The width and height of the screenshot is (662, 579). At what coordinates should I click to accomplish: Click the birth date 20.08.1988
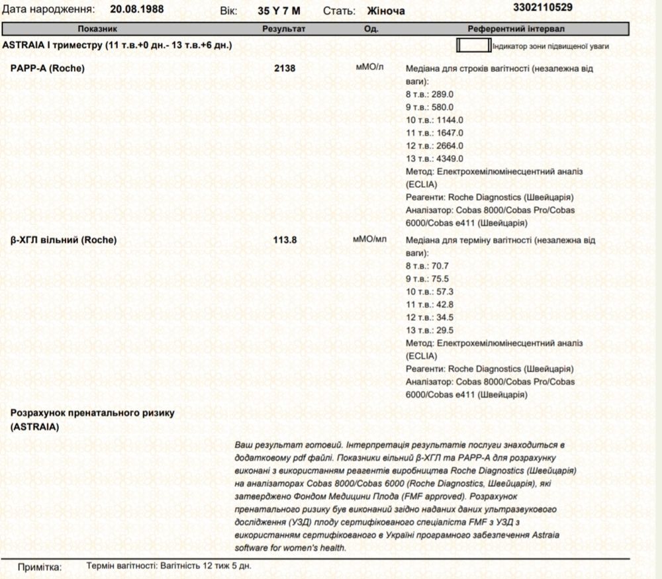(x=138, y=11)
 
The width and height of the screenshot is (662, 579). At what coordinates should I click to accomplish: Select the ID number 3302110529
(x=544, y=8)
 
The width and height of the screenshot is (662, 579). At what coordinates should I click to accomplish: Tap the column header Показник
(x=97, y=30)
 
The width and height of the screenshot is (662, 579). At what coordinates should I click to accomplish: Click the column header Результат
(x=284, y=30)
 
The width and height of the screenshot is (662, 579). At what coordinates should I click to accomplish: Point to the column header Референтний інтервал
(x=516, y=30)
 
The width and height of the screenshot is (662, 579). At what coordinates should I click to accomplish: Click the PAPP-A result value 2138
(x=284, y=68)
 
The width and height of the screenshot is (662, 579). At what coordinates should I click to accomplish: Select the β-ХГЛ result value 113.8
(x=285, y=240)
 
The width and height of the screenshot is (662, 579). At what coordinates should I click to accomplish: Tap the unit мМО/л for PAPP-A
(x=369, y=67)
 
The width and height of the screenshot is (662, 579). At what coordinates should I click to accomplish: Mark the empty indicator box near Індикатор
(x=473, y=46)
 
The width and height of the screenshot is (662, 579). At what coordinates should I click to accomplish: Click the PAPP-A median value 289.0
(x=447, y=95)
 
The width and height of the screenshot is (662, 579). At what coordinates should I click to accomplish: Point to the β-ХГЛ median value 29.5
(x=444, y=330)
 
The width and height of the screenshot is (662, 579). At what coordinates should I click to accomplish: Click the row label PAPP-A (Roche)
(x=48, y=68)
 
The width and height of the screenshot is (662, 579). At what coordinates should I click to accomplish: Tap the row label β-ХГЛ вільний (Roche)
(x=64, y=240)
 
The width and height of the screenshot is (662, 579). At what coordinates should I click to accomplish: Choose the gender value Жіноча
(x=386, y=11)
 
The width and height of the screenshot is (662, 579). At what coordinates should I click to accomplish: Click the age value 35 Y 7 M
(x=279, y=11)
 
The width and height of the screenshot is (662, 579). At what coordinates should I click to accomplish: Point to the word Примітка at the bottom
(x=40, y=568)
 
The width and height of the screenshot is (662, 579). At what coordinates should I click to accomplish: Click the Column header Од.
(x=371, y=30)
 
